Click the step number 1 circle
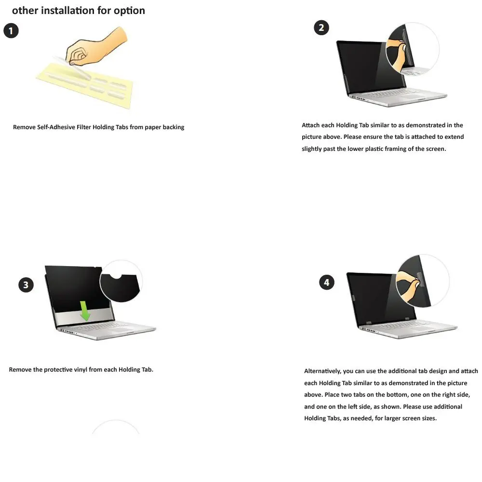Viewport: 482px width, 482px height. [11, 31]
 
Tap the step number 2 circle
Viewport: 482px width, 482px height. [321, 27]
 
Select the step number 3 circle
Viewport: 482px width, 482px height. [26, 285]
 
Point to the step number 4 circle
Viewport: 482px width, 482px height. [326, 282]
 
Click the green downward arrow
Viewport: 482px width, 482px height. [85, 311]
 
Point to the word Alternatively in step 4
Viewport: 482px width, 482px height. [322, 371]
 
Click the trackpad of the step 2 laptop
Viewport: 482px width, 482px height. [408, 96]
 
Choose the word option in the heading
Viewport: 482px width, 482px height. [129, 11]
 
